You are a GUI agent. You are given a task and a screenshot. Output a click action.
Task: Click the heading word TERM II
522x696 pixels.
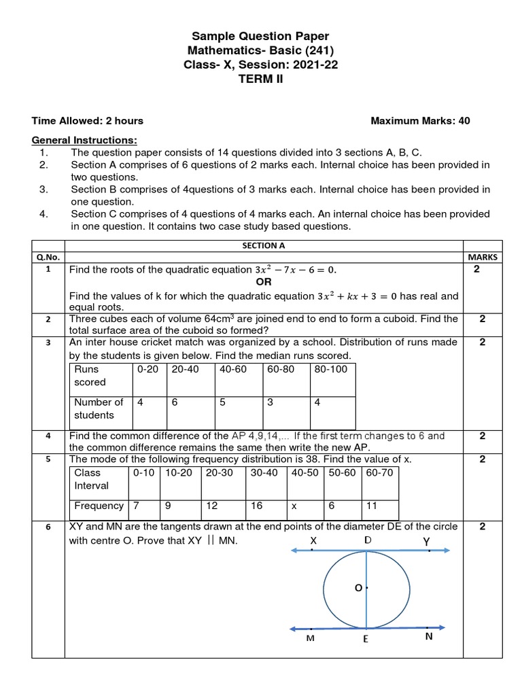261,80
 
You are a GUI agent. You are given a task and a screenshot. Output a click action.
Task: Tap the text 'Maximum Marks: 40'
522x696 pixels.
419,121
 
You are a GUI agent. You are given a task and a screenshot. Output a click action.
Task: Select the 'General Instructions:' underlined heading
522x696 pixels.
84,140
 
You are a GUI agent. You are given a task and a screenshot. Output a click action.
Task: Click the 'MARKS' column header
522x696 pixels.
483,258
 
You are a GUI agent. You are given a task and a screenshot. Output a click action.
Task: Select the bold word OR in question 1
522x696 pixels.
264,282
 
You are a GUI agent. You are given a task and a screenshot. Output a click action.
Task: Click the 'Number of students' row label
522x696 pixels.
99,408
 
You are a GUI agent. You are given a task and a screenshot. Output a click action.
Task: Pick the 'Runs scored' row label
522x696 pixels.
87,376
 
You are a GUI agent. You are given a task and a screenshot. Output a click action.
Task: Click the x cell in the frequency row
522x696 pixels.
294,506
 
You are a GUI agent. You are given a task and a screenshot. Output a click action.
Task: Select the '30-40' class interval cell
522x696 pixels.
264,472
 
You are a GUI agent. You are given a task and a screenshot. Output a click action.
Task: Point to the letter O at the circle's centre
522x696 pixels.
358,588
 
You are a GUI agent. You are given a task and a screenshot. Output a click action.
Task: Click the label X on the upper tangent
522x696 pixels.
313,540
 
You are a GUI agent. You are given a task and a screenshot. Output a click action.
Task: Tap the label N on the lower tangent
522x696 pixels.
429,637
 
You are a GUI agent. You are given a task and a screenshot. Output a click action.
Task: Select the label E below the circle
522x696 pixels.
366,640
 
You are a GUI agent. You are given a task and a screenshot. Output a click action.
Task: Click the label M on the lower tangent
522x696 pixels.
309,639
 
